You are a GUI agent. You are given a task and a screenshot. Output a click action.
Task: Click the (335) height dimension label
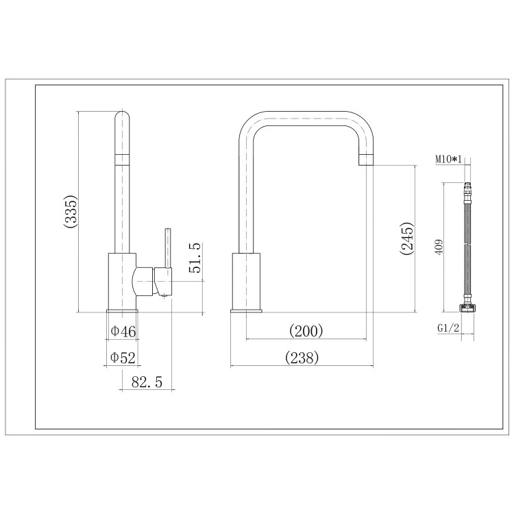pyautogui.click(x=71, y=212)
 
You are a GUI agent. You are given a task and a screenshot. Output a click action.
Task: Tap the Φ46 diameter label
pyautogui.click(x=123, y=332)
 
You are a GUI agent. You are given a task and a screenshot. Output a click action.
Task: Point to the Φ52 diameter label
pyautogui.click(x=123, y=357)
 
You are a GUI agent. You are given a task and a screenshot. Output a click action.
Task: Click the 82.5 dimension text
pyautogui.click(x=146, y=382)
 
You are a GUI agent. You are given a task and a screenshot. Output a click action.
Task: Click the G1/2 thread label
pyautogui.click(x=448, y=328)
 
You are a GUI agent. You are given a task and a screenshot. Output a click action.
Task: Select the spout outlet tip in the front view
pyautogui.click(x=366, y=160)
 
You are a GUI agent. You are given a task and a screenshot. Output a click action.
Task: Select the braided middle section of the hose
pyautogui.click(x=467, y=247)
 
